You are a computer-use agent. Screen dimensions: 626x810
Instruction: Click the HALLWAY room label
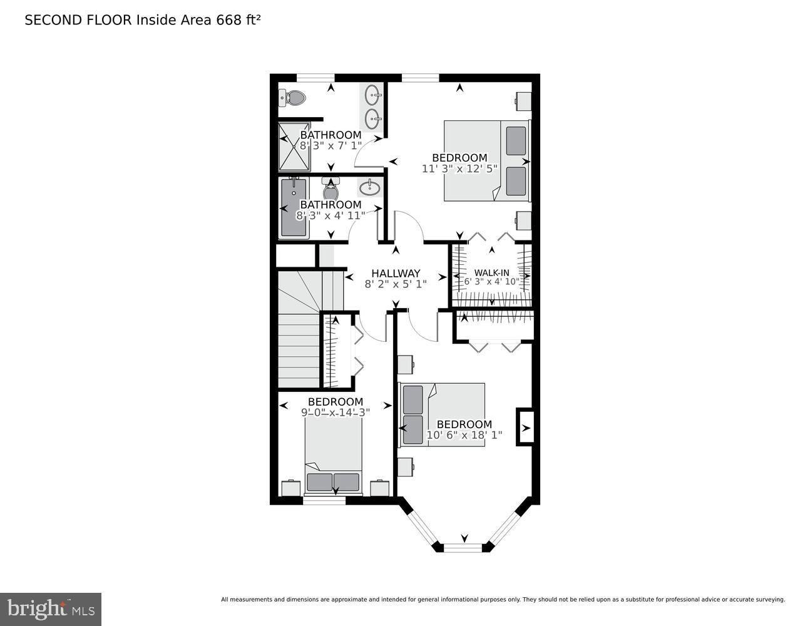coord(396,274)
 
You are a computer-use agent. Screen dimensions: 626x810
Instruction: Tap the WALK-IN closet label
coord(491,272)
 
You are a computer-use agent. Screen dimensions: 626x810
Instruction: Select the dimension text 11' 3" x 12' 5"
coord(459,168)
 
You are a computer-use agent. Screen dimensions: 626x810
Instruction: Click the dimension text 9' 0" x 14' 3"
coord(336,413)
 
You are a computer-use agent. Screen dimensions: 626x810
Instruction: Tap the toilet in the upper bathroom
coord(292,98)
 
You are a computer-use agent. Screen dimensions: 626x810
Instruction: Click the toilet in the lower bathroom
coord(331,188)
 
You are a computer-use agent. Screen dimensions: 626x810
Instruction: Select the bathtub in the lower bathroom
coord(294,207)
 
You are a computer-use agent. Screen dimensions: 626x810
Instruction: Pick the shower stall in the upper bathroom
coord(294,147)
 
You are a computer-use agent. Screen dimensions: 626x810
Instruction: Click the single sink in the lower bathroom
coord(369,187)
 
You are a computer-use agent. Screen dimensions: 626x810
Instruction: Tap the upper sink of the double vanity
coord(373,96)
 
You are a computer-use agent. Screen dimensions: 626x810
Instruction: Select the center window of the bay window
coord(464,548)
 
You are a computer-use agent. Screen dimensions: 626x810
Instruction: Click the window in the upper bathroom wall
coord(315,78)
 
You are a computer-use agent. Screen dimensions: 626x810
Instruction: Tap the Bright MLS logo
coord(50,608)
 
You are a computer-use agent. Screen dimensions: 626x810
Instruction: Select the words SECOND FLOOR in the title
coord(78,20)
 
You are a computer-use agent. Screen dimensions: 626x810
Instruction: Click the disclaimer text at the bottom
coord(503,600)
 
